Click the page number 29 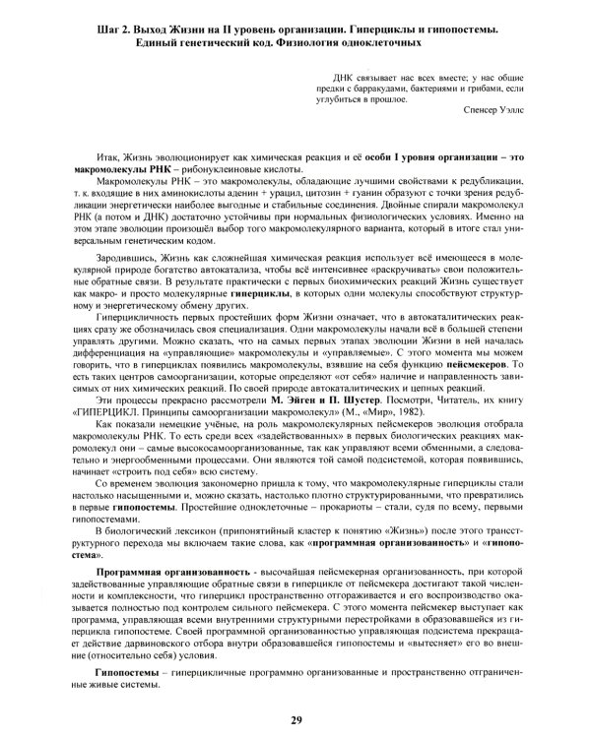click(295, 720)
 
